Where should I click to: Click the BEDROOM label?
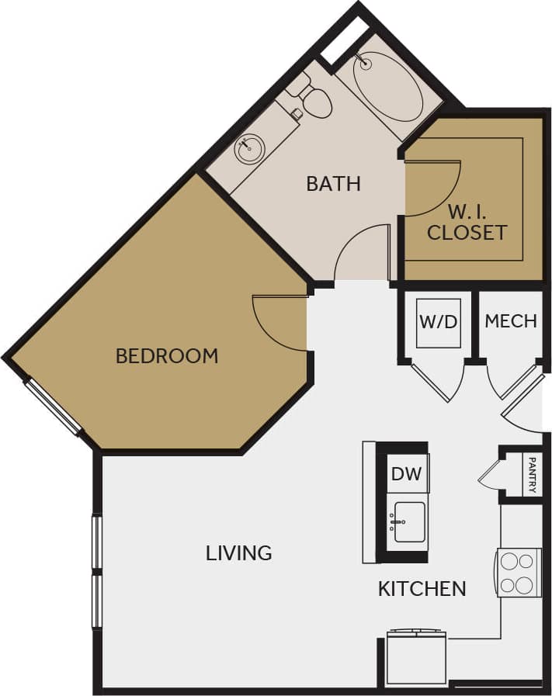point(166,355)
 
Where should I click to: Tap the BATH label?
point(333,184)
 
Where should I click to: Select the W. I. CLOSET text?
point(467,221)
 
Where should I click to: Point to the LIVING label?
point(238,552)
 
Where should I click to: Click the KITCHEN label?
point(422,589)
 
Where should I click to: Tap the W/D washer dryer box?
point(439,321)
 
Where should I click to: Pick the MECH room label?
point(510,320)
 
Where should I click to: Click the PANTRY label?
point(532,474)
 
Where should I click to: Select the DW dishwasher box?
point(407,473)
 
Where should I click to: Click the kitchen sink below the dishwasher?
point(408,521)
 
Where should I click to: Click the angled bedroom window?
point(53,406)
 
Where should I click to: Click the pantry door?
point(491,474)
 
